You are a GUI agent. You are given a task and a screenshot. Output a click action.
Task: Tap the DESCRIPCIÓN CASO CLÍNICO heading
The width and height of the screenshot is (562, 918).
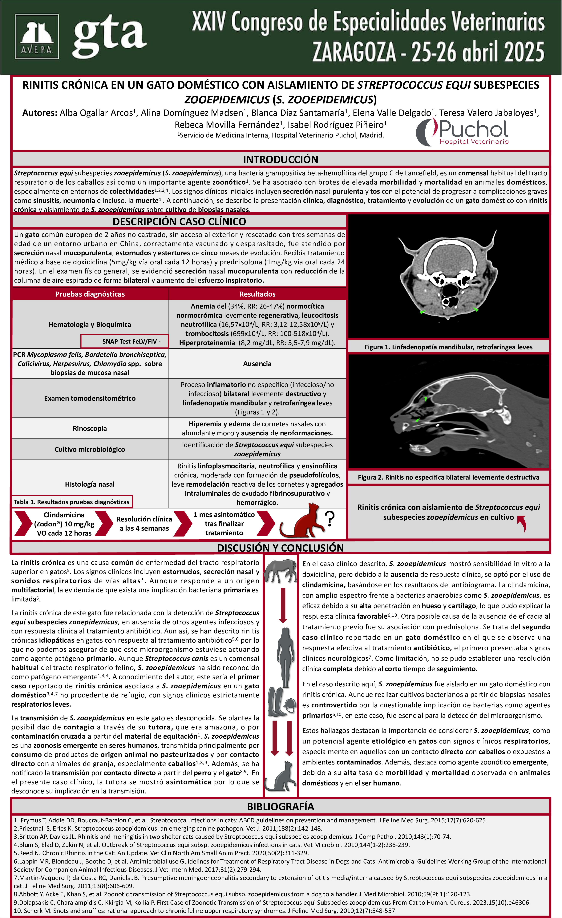pyautogui.click(x=179, y=221)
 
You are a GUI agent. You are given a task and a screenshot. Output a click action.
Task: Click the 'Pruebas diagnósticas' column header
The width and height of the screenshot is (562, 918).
pyautogui.click(x=90, y=294)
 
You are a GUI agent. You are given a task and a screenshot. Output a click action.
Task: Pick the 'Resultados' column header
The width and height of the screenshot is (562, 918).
pyautogui.click(x=257, y=294)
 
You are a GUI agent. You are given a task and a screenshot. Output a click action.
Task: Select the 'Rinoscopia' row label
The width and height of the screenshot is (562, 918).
pyautogui.click(x=90, y=429)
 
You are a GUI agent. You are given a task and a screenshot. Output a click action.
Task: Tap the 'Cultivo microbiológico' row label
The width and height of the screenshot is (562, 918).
pyautogui.click(x=90, y=449)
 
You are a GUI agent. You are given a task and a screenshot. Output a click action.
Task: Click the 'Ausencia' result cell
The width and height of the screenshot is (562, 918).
pyautogui.click(x=257, y=364)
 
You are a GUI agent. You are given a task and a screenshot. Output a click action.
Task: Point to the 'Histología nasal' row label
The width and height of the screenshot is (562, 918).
pyautogui.click(x=90, y=484)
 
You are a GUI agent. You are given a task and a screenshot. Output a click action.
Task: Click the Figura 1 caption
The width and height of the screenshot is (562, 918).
pyautogui.click(x=448, y=347)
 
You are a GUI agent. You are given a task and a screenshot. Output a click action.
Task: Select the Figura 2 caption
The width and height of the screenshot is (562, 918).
pyautogui.click(x=448, y=477)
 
